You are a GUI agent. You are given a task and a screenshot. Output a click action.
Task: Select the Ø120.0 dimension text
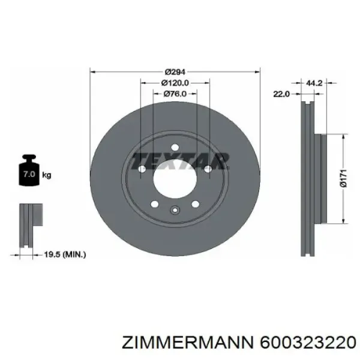[175, 83]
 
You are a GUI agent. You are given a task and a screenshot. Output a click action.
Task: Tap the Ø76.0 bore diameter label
[175, 94]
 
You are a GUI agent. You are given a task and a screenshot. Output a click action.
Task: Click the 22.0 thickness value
[281, 94]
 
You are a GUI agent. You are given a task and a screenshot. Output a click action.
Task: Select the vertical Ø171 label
[344, 178]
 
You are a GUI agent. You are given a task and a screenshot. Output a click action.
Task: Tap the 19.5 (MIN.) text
[67, 254]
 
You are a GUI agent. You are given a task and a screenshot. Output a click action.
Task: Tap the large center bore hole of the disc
[175, 178]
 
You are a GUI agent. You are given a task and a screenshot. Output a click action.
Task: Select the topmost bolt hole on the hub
[175, 148]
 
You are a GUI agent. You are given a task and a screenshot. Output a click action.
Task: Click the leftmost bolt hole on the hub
[143, 170]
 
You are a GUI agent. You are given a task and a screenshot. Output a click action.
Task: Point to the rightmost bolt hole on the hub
[207, 170]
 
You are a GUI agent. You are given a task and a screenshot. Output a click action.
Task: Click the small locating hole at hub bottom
[175, 209]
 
